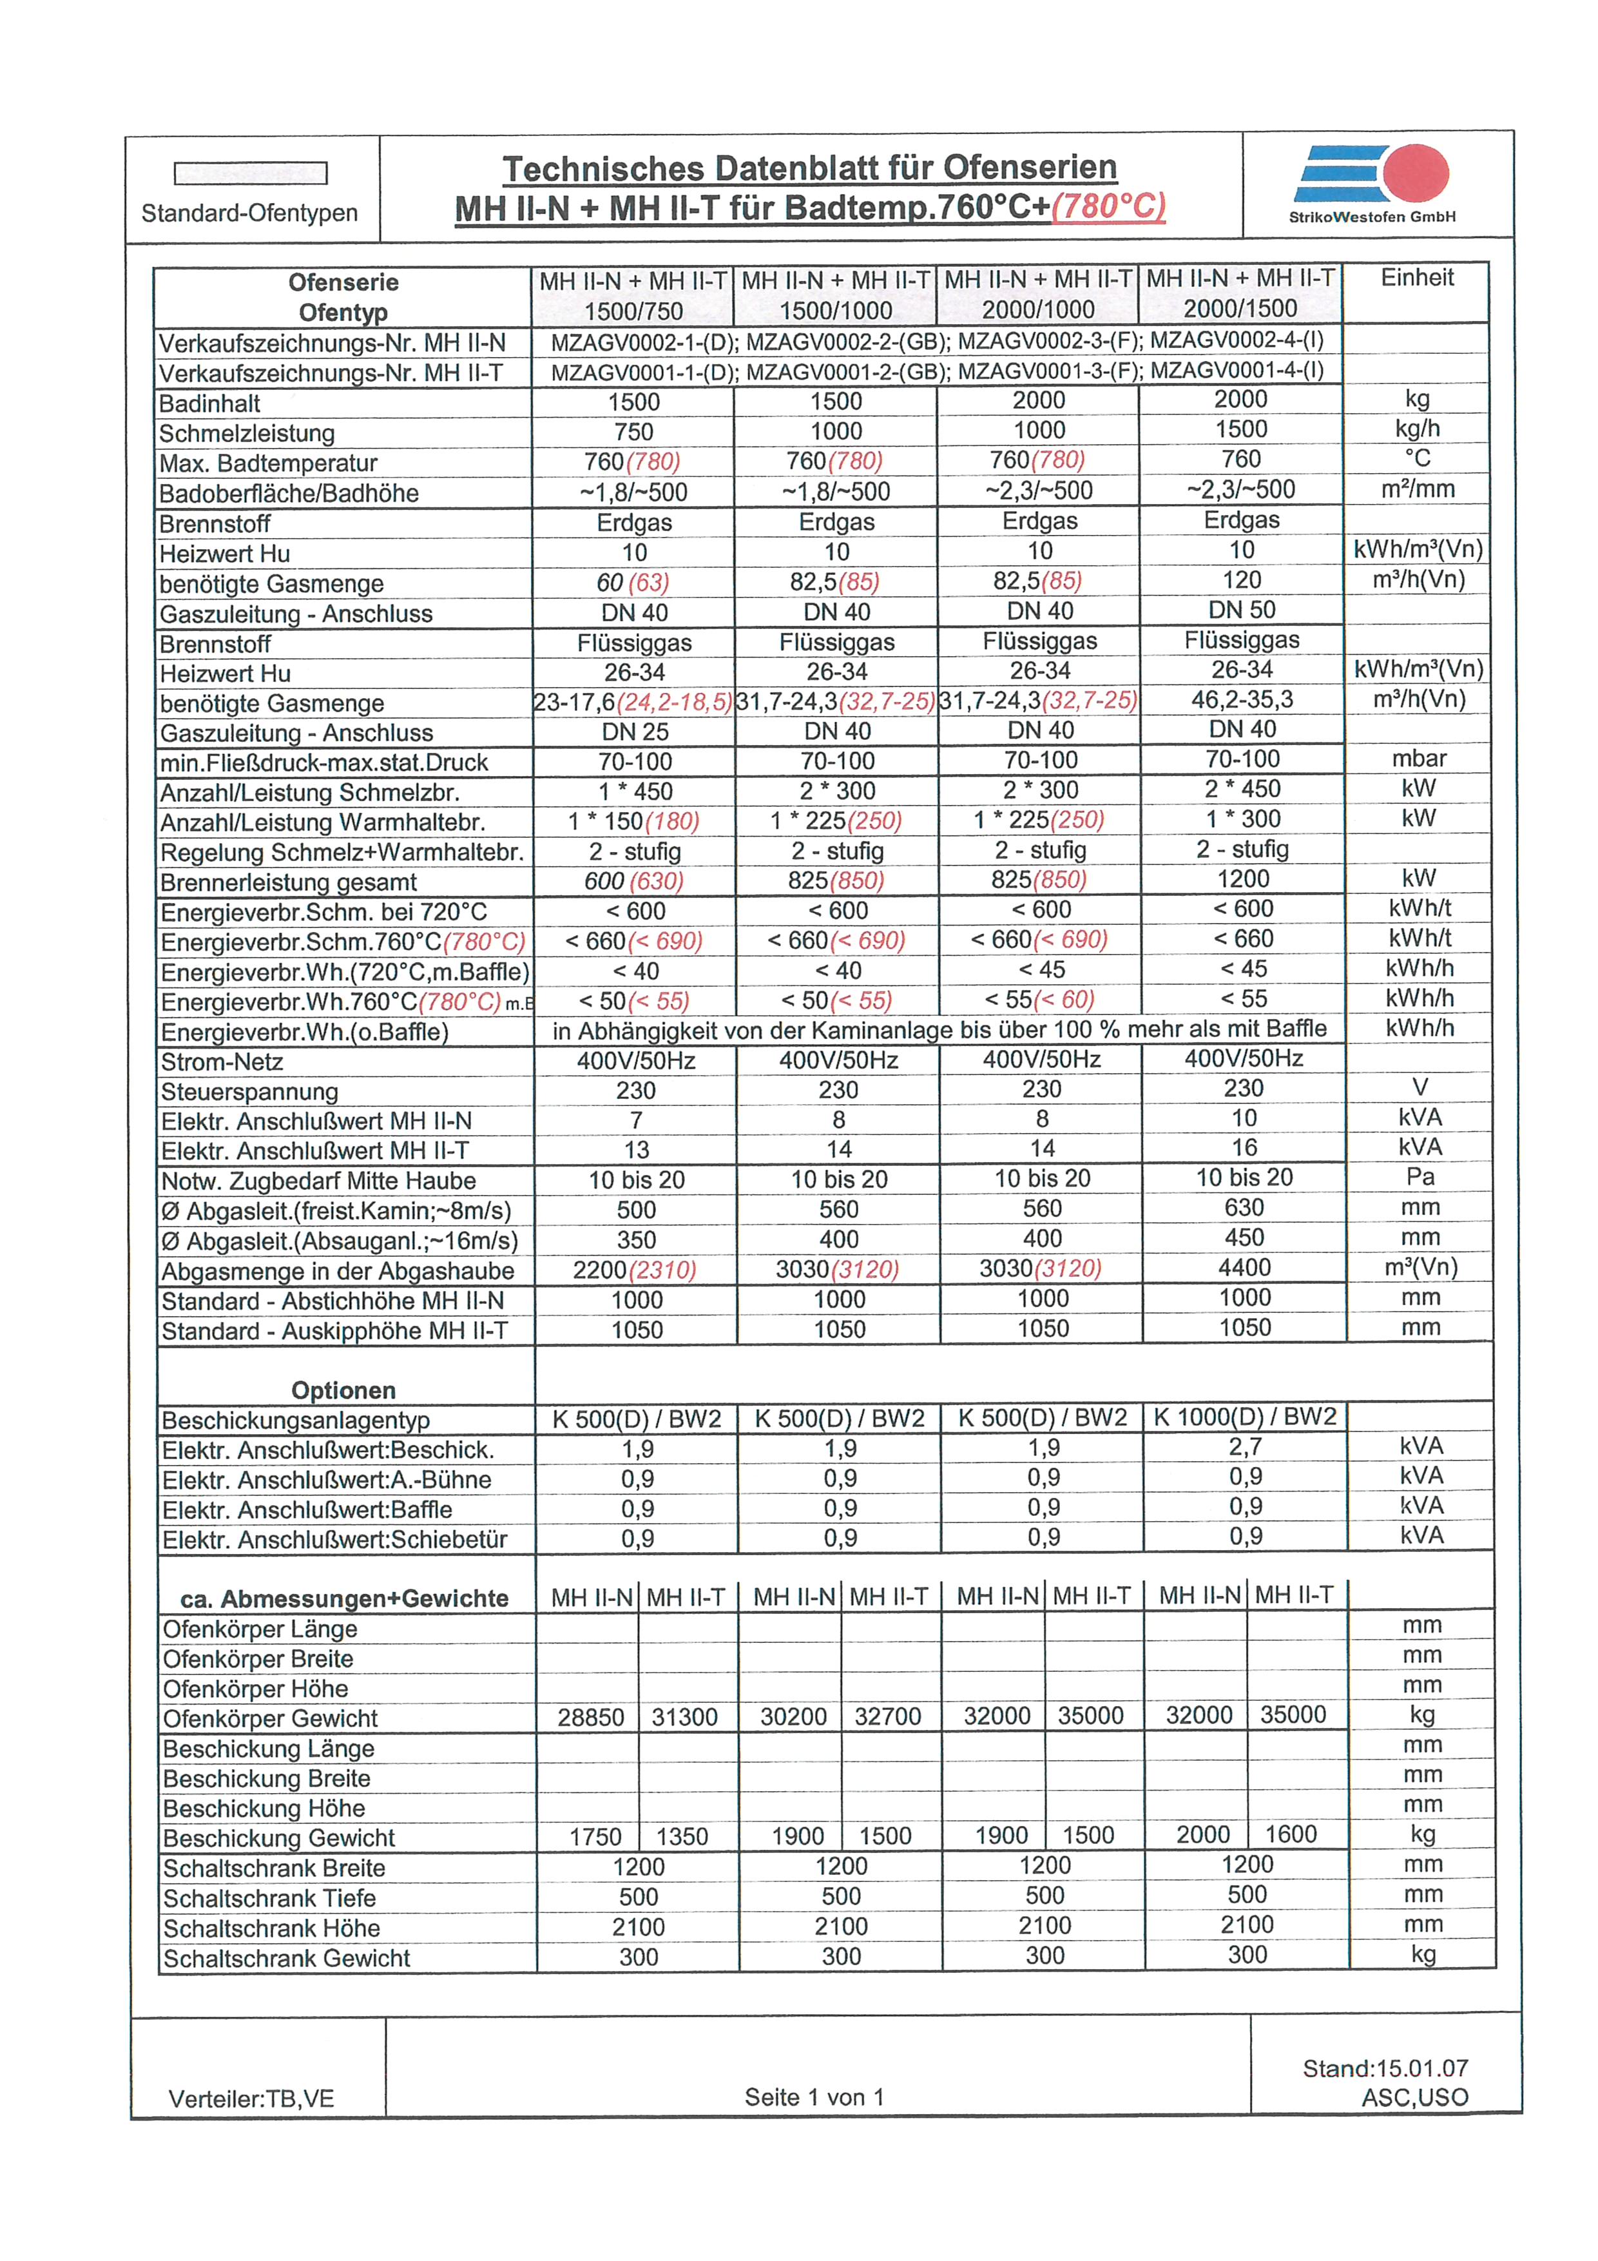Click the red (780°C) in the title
tap(1109, 208)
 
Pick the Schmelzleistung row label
tap(247, 433)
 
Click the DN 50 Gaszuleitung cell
tap(1242, 610)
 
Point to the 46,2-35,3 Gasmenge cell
tap(1242, 700)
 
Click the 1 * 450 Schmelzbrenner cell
tap(635, 791)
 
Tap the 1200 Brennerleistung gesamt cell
tap(1242, 878)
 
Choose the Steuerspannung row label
tap(249, 1092)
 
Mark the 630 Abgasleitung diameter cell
tap(1244, 1207)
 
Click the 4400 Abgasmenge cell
tap(1244, 1267)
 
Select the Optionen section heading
tap(343, 1390)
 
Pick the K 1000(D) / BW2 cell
tap(1244, 1417)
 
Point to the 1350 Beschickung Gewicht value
tap(682, 1836)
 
